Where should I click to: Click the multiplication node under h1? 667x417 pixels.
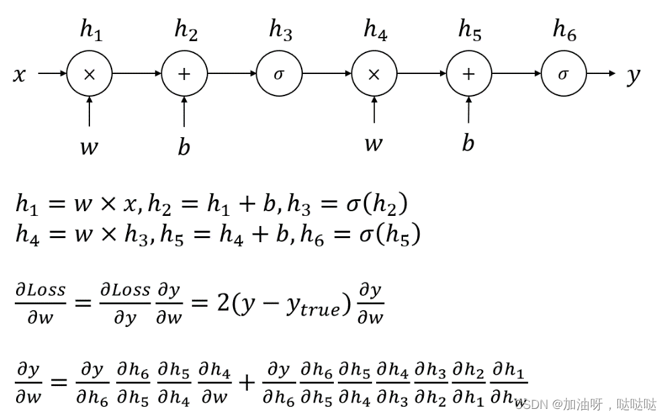tap(89, 74)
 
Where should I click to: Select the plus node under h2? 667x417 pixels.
tap(184, 74)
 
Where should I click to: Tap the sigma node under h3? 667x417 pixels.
tap(279, 74)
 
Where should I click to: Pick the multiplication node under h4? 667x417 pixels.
tap(374, 74)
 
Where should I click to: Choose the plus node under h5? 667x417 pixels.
tap(469, 74)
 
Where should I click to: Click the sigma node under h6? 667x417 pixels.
tap(564, 74)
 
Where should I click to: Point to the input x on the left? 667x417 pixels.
tap(19, 75)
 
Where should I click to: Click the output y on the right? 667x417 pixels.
tap(633, 76)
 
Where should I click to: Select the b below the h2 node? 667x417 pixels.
tap(184, 146)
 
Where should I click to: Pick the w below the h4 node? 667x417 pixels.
tap(373, 144)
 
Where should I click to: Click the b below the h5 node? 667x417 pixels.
tap(468, 143)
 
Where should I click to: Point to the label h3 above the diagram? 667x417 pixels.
tap(280, 30)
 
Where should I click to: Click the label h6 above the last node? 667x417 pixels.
tap(564, 30)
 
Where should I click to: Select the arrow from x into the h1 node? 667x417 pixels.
tap(52, 74)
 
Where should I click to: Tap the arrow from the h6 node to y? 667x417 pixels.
tap(601, 74)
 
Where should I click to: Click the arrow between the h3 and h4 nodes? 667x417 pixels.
tap(326, 74)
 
